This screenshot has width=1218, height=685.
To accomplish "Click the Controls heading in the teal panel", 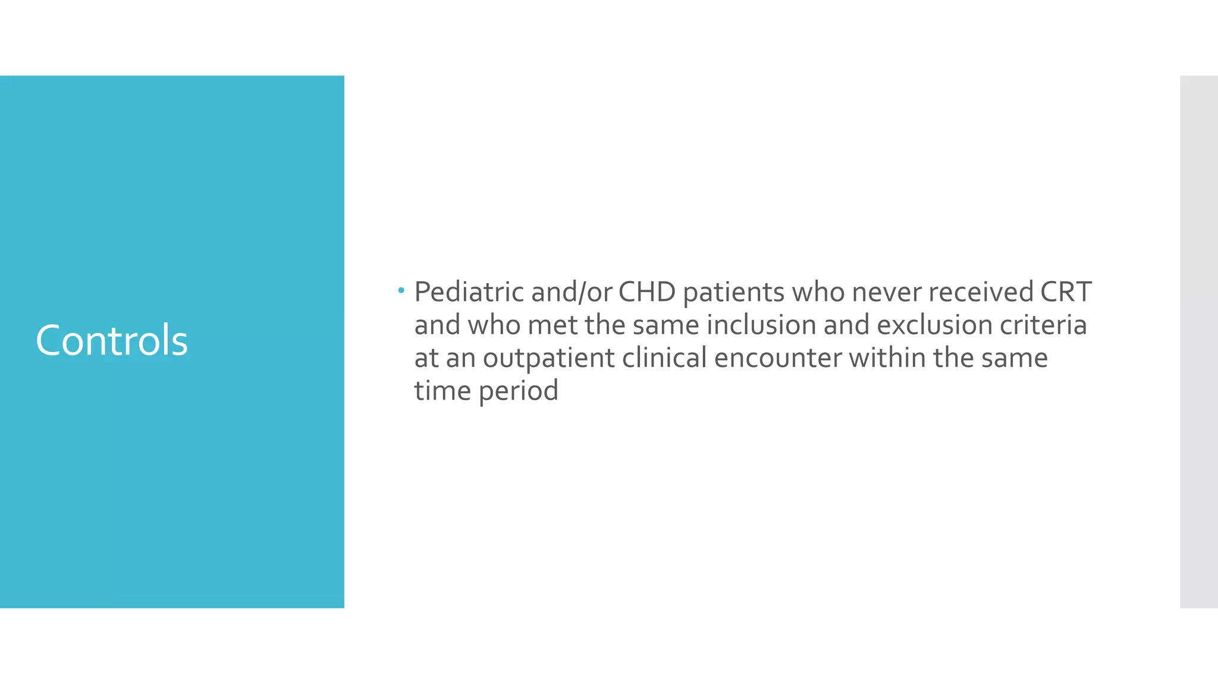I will point(112,341).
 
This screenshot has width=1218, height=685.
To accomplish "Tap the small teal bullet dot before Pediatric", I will point(401,291).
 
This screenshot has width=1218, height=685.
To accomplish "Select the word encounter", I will point(778,358).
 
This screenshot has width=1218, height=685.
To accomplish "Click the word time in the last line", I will point(442,391).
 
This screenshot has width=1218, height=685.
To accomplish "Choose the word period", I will point(519,391).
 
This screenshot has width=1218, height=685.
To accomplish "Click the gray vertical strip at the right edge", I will point(1199,342).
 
